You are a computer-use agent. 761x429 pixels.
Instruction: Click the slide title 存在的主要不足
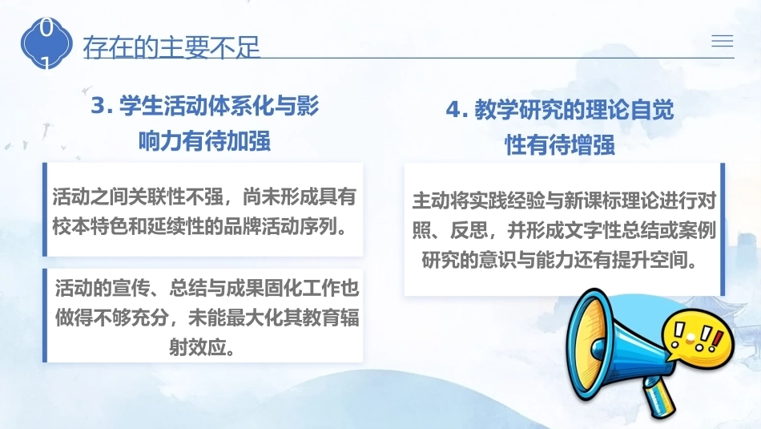171,47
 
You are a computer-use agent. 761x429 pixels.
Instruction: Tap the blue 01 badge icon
46,44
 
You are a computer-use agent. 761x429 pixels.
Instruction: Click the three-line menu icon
723,41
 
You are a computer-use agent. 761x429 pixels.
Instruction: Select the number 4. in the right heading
457,109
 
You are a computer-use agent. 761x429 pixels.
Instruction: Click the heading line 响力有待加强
204,141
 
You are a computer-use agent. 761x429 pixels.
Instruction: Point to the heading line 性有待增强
560,145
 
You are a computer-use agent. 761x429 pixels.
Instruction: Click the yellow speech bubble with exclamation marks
698,335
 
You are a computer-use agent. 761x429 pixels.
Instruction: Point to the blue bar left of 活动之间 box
45,209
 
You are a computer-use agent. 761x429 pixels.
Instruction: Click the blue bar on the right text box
723,229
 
